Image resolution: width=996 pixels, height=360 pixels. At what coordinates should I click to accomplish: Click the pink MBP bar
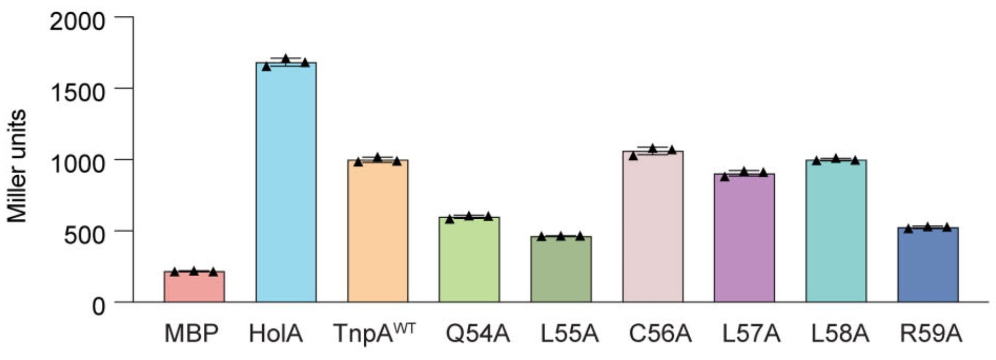pyautogui.click(x=194, y=287)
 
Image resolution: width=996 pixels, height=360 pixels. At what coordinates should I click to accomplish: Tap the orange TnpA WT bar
pyautogui.click(x=377, y=231)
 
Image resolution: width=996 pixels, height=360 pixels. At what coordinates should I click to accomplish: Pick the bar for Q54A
pyautogui.click(x=469, y=260)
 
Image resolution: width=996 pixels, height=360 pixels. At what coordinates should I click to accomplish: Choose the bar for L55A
pyautogui.click(x=561, y=269)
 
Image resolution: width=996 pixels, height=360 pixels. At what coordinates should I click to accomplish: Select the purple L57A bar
pyautogui.click(x=744, y=238)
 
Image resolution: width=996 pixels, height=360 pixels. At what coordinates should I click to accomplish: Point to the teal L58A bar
pyautogui.click(x=836, y=231)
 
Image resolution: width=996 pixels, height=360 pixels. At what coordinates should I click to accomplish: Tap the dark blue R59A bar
pyautogui.click(x=928, y=265)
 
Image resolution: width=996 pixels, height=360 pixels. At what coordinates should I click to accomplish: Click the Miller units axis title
pyautogui.click(x=17, y=166)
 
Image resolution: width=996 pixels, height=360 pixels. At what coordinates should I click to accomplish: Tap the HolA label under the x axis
pyautogui.click(x=276, y=335)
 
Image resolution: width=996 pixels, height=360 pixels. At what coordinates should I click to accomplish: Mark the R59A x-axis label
pyautogui.click(x=930, y=335)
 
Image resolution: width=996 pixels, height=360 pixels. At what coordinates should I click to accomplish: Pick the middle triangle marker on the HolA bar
pyautogui.click(x=286, y=58)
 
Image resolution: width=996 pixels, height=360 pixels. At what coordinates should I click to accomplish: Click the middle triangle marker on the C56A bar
pyautogui.click(x=652, y=148)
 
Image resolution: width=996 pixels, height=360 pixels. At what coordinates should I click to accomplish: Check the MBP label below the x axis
pyautogui.click(x=191, y=335)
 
